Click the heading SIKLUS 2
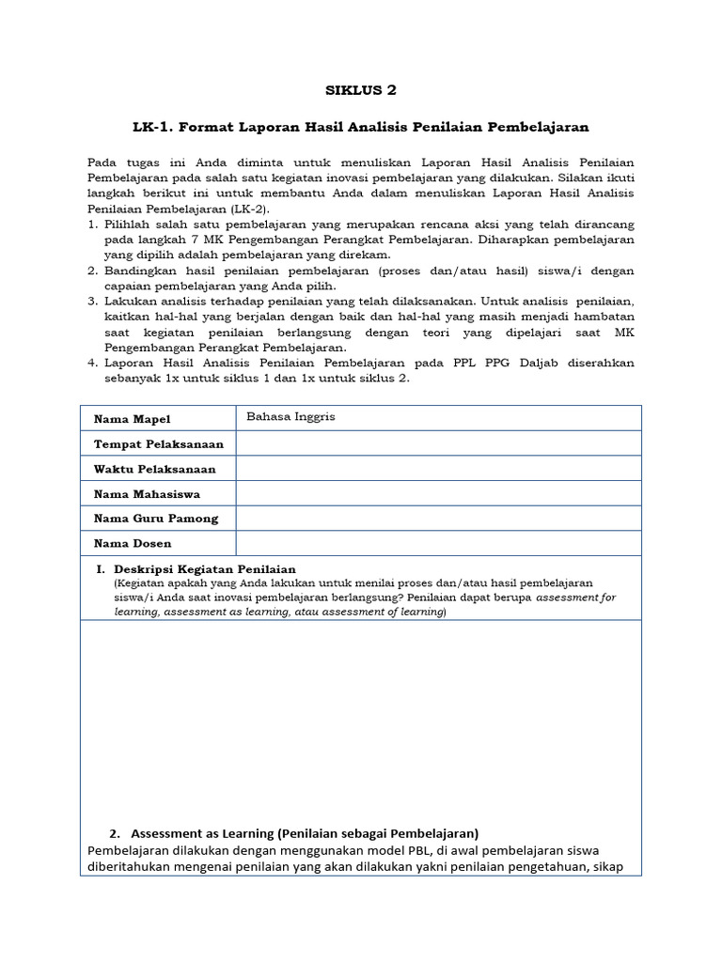tap(361, 90)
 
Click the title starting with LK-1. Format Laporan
tap(361, 126)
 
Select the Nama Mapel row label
tap(133, 419)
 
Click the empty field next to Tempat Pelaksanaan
tap(438, 443)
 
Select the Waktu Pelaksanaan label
tap(154, 469)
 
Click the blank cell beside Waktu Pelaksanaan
tap(438, 469)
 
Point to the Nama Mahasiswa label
tap(147, 493)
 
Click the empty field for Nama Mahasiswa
tap(438, 493)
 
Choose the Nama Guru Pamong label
tap(156, 518)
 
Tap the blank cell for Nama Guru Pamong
tap(438, 518)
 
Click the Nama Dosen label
tap(133, 543)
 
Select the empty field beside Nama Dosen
tap(438, 543)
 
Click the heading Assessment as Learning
tap(305, 833)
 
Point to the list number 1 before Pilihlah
tap(92, 225)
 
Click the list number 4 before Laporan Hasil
tap(92, 363)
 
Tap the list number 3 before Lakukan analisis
tap(92, 302)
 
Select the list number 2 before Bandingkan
tap(92, 271)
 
